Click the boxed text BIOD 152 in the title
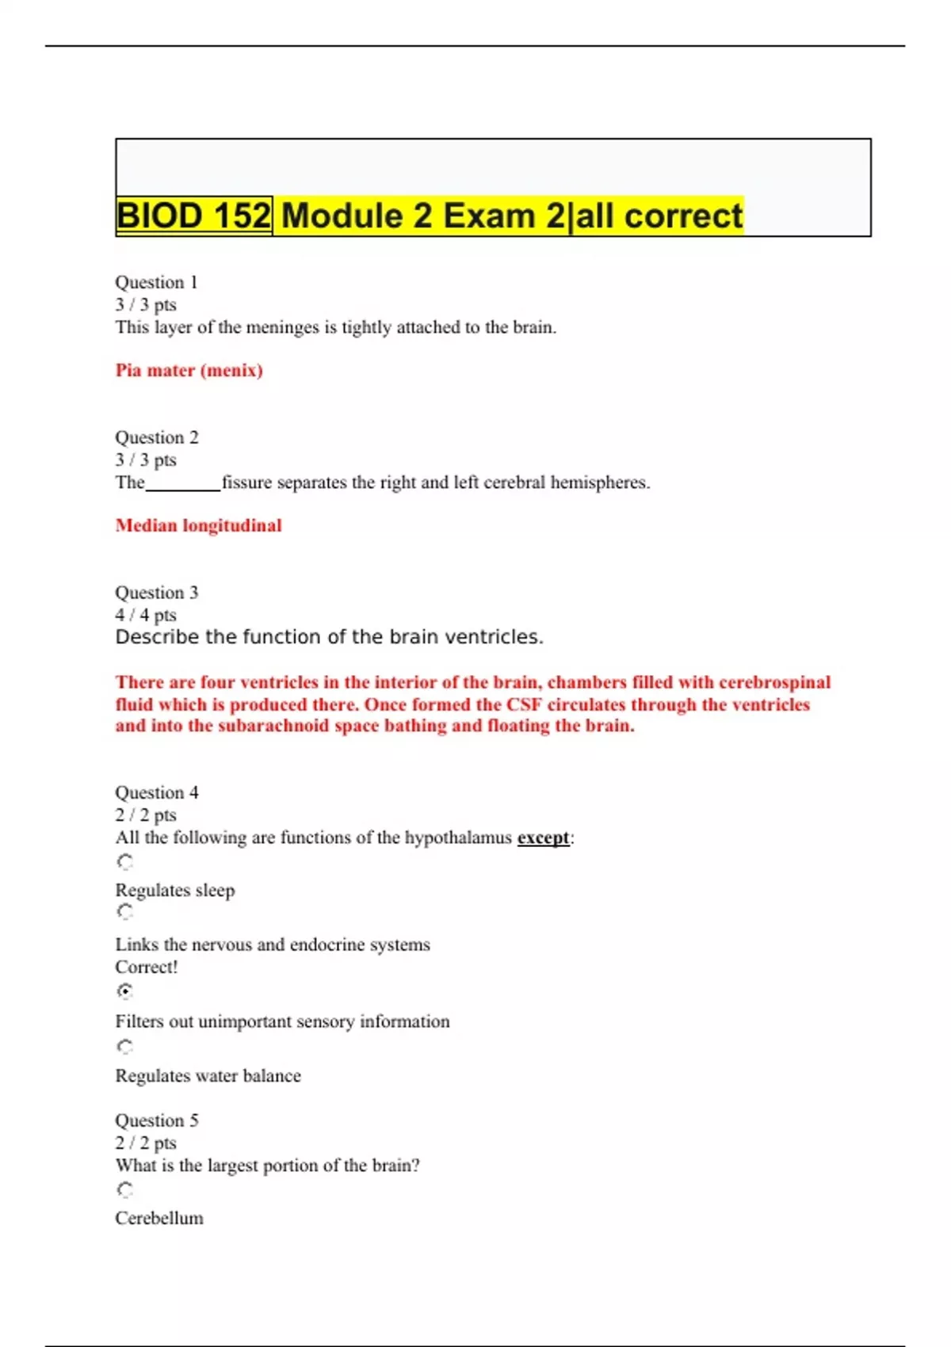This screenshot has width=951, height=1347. click(x=193, y=216)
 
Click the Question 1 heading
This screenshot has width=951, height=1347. click(x=156, y=282)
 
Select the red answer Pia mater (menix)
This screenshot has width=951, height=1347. click(x=189, y=370)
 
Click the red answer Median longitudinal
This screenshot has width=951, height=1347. click(x=198, y=525)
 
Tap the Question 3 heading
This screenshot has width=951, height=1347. click(x=157, y=593)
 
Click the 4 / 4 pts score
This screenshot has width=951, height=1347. click(x=146, y=615)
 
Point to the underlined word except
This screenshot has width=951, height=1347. click(x=543, y=838)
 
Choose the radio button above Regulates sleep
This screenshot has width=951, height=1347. click(x=124, y=861)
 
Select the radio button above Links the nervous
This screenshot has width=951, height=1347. click(x=124, y=912)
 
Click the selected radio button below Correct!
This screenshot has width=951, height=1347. click(x=124, y=991)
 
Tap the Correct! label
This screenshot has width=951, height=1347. click(x=147, y=967)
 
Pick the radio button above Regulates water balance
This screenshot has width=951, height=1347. click(x=124, y=1047)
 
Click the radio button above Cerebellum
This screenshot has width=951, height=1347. click(x=124, y=1189)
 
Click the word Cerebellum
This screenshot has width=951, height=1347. click(x=159, y=1218)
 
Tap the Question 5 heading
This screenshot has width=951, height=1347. click(x=157, y=1120)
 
